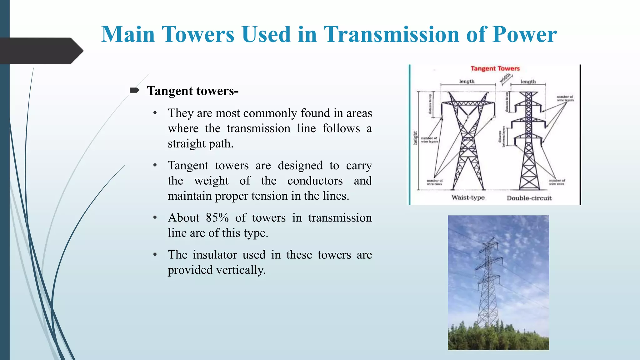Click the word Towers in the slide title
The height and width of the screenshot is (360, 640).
pyautogui.click(x=197, y=34)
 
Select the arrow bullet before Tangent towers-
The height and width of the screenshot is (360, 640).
pyautogui.click(x=134, y=91)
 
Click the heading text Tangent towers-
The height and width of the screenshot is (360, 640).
pyautogui.click(x=192, y=91)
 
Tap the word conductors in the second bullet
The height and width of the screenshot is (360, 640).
pyautogui.click(x=315, y=181)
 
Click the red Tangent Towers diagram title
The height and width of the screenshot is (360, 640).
pyautogui.click(x=495, y=68)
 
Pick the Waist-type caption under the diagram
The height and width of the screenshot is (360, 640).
pyautogui.click(x=468, y=197)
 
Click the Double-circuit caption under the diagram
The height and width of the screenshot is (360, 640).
pyautogui.click(x=529, y=198)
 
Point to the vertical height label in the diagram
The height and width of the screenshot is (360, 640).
pyautogui.click(x=415, y=138)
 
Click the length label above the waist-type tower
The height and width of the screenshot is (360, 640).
pyautogui.click(x=467, y=81)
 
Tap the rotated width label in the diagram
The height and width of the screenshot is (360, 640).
pyautogui.click(x=505, y=78)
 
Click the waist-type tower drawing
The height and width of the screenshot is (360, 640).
pyautogui.click(x=467, y=141)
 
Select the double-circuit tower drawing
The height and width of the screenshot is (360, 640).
pyautogui.click(x=528, y=141)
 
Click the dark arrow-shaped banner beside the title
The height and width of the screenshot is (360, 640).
pyautogui.click(x=41, y=51)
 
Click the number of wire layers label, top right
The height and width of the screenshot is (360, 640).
pyautogui.click(x=565, y=98)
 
